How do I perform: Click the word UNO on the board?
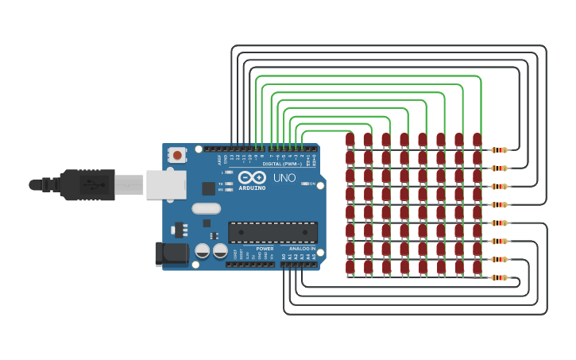click(x=284, y=178)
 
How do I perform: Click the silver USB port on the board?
click(x=165, y=184)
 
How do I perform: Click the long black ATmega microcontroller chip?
click(x=273, y=232)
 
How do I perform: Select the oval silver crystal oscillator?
click(x=205, y=209)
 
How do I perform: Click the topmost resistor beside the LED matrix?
click(x=499, y=150)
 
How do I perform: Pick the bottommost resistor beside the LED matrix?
click(x=499, y=277)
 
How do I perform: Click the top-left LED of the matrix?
click(x=350, y=140)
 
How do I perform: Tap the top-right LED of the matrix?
click(x=477, y=140)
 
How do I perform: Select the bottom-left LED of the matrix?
click(x=350, y=267)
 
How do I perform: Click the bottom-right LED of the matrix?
click(x=477, y=267)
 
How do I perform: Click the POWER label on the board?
click(x=265, y=249)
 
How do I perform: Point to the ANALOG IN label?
click(x=301, y=249)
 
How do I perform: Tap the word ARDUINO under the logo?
click(x=253, y=188)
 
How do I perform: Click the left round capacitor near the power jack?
click(x=203, y=251)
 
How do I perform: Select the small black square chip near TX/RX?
click(x=209, y=188)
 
